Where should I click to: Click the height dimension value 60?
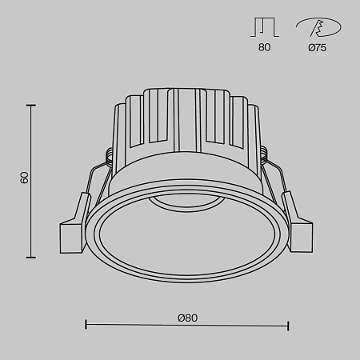coord(25,178)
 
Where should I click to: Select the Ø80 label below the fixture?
coord(187,317)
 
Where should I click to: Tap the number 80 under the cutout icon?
coord(265,47)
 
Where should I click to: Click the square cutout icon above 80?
coord(265,26)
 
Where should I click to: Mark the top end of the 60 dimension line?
coord(32,104)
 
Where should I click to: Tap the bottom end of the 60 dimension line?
coord(32,258)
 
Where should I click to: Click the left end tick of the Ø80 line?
coord(86,325)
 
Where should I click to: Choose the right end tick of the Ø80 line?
coord(288,325)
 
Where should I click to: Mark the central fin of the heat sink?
coord(186,120)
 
